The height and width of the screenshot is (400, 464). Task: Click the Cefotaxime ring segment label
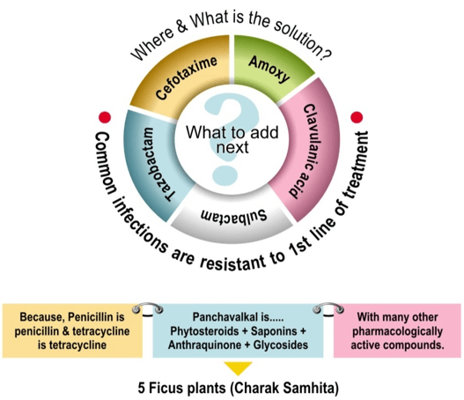click(187, 78)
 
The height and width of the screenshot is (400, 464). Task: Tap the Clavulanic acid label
click(308, 151)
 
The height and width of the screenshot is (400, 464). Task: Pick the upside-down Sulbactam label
click(234, 215)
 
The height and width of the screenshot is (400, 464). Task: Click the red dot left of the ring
click(105, 117)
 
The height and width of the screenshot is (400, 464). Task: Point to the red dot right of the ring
click(357, 117)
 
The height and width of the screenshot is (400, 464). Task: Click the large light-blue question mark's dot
click(225, 174)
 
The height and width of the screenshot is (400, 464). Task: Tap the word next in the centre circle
click(232, 147)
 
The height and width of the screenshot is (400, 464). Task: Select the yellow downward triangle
click(238, 367)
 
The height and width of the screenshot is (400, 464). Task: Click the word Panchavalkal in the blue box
click(225, 317)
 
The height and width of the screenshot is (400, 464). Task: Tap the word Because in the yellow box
click(42, 317)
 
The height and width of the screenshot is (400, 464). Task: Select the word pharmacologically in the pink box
click(397, 331)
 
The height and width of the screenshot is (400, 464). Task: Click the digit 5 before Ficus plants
click(142, 389)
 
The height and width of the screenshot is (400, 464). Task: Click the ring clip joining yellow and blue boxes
click(148, 308)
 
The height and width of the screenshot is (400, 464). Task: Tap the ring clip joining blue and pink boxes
click(328, 308)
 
